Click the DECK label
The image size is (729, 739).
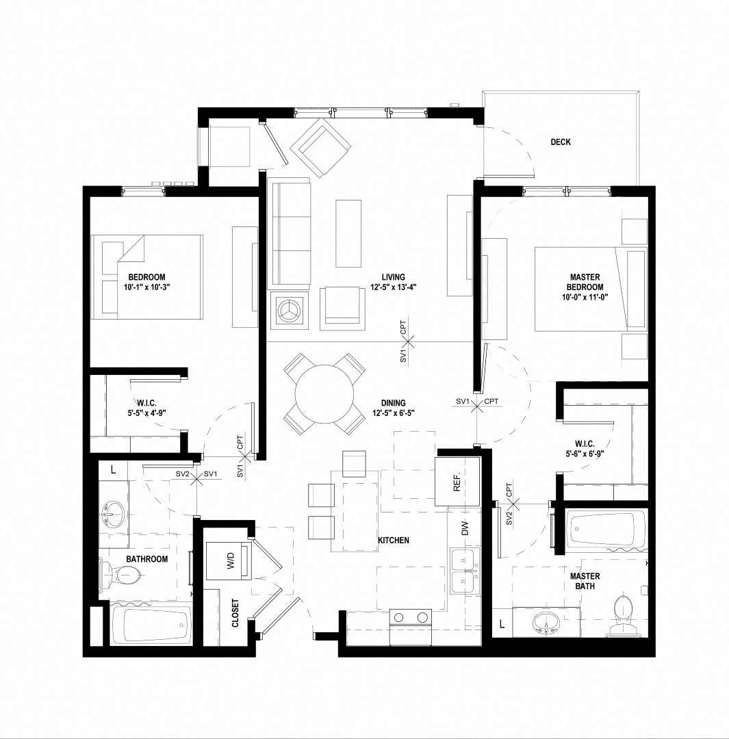[x=560, y=142]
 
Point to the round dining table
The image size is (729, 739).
[x=325, y=394]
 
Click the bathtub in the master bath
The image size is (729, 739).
[x=606, y=530]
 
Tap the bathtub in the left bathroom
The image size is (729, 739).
[x=152, y=624]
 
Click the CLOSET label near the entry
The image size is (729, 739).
[x=235, y=613]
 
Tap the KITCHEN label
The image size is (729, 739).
[x=393, y=541]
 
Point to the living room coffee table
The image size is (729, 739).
[x=349, y=233]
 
